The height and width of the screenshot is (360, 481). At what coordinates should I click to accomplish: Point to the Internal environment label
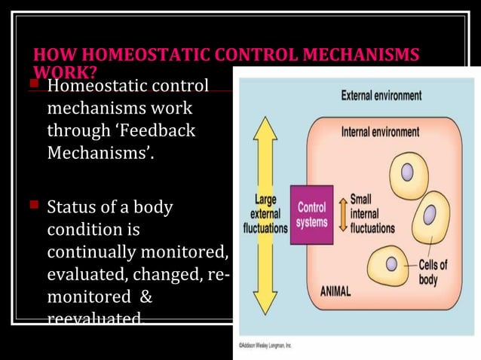[381, 132]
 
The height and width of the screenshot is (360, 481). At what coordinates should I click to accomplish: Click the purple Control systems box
[311, 215]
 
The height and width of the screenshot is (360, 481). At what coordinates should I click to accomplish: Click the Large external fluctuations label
[262, 214]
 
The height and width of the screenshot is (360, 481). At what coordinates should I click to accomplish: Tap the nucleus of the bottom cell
[391, 266]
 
